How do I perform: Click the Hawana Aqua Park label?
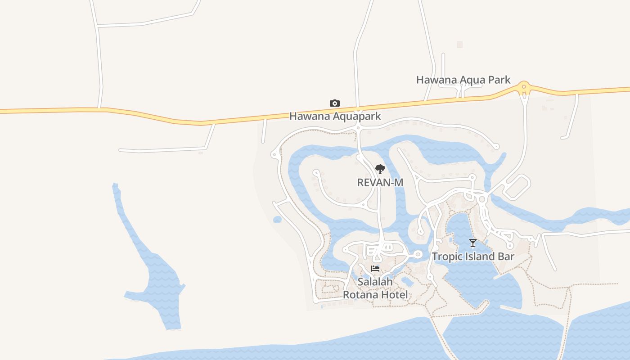tap(463, 80)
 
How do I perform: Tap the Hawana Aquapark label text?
tap(335, 116)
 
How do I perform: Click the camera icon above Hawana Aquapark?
tap(334, 103)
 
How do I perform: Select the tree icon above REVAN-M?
tap(380, 170)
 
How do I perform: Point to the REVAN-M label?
tap(380, 182)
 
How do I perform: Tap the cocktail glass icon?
tap(472, 243)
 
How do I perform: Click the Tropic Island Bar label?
tap(472, 256)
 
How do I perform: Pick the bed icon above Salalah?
tap(375, 269)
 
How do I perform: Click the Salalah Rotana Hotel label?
tap(375, 288)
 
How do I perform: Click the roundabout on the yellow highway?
tap(523, 87)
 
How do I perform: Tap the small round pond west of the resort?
tap(277, 220)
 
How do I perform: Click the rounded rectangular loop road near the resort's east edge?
tap(517, 186)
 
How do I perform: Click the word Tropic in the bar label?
tap(446, 256)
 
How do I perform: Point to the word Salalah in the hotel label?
tap(375, 282)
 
